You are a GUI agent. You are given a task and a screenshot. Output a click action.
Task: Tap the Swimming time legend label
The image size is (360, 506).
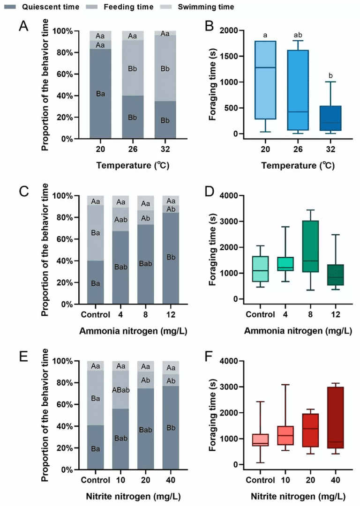point(205,7)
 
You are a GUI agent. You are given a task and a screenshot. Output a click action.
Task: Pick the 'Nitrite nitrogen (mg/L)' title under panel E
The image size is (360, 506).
point(134,496)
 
